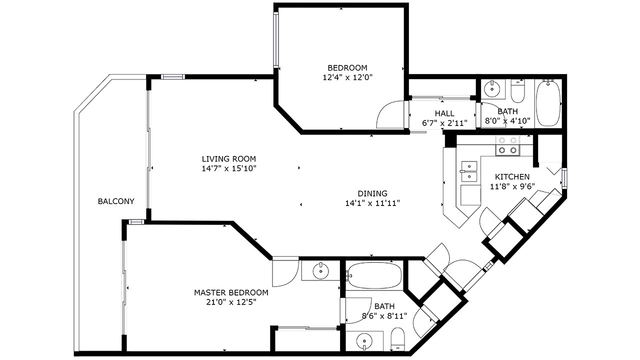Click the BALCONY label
(x=116, y=201)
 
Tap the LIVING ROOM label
(x=229, y=159)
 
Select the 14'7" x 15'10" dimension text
(x=229, y=168)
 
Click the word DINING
(x=372, y=193)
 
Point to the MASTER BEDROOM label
(x=231, y=292)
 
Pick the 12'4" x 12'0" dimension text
(x=347, y=77)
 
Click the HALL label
(x=444, y=113)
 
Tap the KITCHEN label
(x=512, y=177)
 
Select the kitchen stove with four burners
(x=507, y=145)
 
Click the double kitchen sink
(x=469, y=171)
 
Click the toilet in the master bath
(x=397, y=339)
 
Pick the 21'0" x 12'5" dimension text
(x=231, y=302)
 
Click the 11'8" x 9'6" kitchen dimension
(x=512, y=186)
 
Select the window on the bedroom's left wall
(x=275, y=40)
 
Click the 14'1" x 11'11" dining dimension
(x=372, y=203)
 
